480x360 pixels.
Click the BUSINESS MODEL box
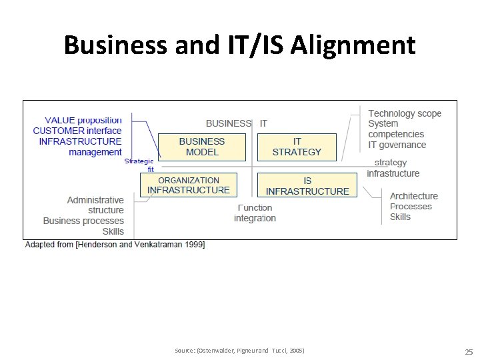[202, 147]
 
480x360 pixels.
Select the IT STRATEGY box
[297, 147]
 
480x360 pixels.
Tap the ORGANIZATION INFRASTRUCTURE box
[189, 185]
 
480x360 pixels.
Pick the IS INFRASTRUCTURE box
[307, 186]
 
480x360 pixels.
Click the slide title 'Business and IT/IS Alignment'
[240, 45]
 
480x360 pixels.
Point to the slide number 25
[468, 351]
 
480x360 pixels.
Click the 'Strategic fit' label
[139, 165]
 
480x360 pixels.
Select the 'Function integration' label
[255, 213]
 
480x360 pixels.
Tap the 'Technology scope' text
[405, 113]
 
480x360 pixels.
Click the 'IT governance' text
[397, 145]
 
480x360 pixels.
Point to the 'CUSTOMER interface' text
[77, 131]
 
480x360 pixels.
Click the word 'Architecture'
[413, 196]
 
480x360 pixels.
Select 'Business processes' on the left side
[83, 221]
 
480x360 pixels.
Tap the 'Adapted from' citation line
[115, 245]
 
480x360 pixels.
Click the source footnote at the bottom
[239, 350]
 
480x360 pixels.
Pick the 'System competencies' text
[396, 129]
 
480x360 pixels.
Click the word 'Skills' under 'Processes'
[400, 217]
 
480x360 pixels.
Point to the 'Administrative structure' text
[95, 205]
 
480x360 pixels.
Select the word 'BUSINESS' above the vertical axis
[228, 123]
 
